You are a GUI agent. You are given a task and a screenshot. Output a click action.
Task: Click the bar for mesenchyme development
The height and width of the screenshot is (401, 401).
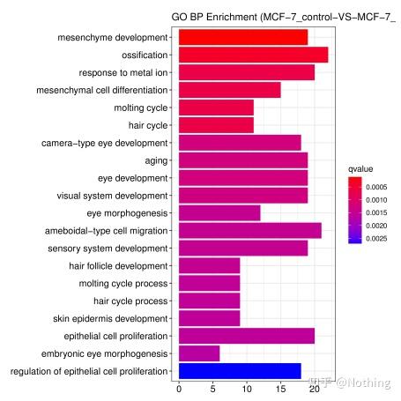(243, 37)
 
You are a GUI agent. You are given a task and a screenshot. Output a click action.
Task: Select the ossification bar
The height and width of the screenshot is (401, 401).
(253, 55)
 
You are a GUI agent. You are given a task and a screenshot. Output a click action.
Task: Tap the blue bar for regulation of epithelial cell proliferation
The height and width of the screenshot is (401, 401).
(240, 371)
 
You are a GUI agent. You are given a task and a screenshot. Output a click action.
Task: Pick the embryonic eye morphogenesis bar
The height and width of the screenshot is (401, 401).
(199, 353)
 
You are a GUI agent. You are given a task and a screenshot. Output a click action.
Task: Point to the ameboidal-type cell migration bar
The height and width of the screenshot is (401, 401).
(249, 231)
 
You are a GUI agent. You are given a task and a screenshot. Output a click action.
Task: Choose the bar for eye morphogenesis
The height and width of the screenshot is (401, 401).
(219, 213)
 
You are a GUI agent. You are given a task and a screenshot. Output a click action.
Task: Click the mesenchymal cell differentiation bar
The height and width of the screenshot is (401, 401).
(229, 90)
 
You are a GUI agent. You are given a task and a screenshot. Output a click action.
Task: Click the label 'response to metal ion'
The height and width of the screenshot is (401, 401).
(123, 72)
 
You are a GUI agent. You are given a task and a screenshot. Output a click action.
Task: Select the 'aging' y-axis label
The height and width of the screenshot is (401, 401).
(156, 160)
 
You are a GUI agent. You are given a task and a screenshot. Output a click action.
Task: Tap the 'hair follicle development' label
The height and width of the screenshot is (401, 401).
(118, 265)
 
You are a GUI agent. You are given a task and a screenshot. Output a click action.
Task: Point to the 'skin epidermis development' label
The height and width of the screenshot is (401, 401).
(110, 318)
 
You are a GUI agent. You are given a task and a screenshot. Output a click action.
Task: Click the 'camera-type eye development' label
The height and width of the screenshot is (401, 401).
(104, 143)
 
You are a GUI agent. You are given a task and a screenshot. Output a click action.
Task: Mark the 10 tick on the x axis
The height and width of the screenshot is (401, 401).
(247, 388)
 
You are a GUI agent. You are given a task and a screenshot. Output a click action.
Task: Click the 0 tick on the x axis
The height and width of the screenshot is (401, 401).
(179, 388)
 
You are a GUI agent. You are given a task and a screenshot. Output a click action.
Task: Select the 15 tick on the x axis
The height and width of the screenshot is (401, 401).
(280, 388)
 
